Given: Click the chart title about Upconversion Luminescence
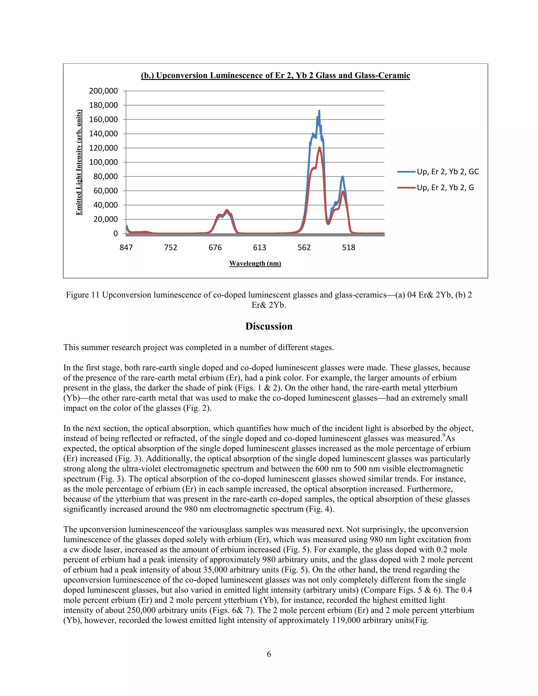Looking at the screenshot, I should click(275, 76).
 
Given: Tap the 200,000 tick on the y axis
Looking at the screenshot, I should click(103, 91).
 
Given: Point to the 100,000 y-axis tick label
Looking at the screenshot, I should click(103, 162).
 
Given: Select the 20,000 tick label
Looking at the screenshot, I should click(105, 219).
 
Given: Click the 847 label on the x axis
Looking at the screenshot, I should click(126, 248).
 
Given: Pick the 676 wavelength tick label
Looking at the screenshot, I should click(215, 248).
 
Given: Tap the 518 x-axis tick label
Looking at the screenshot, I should click(348, 248).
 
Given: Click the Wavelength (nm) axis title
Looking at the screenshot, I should click(255, 263).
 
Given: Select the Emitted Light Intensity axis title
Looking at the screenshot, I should click(79, 162).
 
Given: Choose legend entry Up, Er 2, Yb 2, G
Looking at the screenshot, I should click(445, 188).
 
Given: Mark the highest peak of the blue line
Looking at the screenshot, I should click(319, 111).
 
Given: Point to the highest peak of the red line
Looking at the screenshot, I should click(319, 148).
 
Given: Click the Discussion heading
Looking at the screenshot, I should click(269, 326).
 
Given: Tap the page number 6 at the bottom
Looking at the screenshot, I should click(269, 654).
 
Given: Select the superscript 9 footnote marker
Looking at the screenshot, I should click(444, 435).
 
